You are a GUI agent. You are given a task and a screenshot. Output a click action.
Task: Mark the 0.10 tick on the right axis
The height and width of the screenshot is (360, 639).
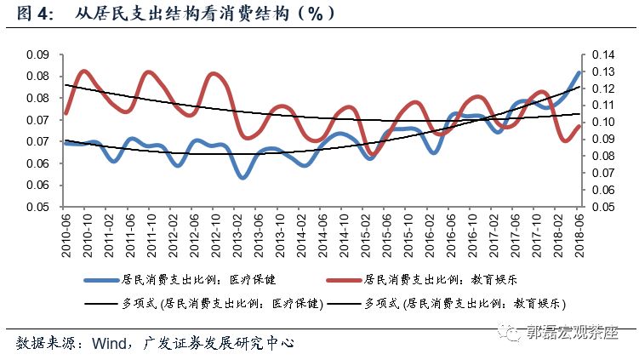pyautogui.click(x=602, y=122)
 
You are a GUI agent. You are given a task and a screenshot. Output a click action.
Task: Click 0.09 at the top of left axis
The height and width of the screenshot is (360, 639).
pyautogui.click(x=36, y=55)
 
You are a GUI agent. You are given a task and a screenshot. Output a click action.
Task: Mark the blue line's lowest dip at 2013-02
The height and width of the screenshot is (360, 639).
pyautogui.click(x=242, y=177)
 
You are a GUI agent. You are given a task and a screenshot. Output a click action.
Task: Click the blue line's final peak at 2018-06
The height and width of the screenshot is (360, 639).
pyautogui.click(x=579, y=73)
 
